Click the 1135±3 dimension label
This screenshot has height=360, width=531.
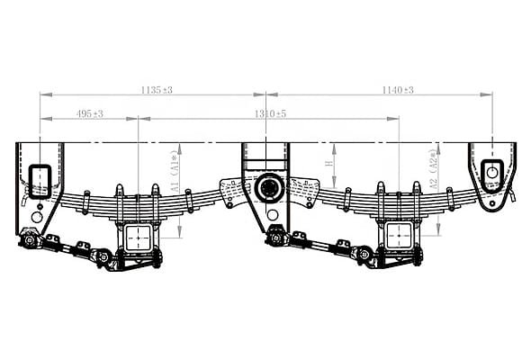pyautogui.click(x=157, y=90)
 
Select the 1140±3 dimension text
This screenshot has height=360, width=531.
pyautogui.click(x=398, y=90)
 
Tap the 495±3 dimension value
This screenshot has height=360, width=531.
pyautogui.click(x=90, y=113)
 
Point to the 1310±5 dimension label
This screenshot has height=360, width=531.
pyautogui.click(x=270, y=113)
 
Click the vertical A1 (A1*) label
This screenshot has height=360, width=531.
pyautogui.click(x=175, y=172)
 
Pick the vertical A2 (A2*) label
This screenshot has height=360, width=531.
pyautogui.click(x=434, y=169)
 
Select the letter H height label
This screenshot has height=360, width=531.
pyautogui.click(x=328, y=164)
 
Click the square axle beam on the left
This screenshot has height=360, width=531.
pyautogui.click(x=139, y=238)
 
